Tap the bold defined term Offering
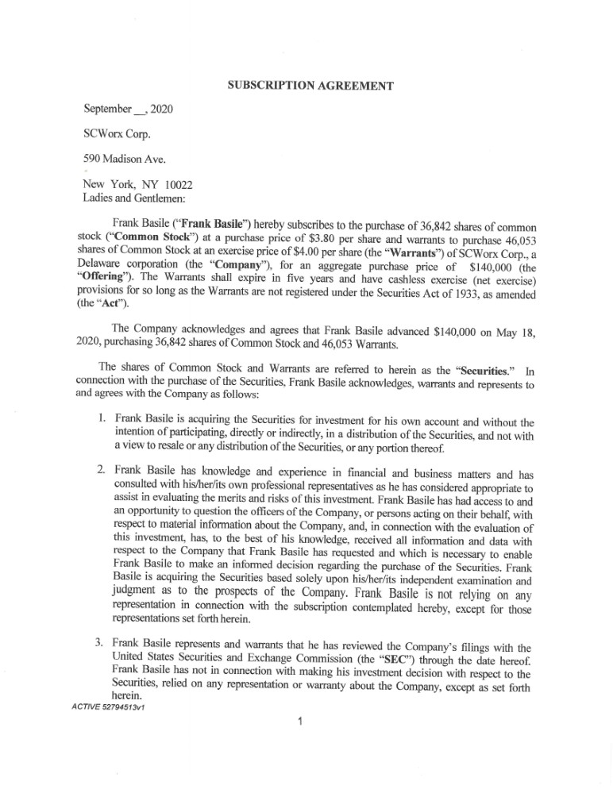(110, 275)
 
